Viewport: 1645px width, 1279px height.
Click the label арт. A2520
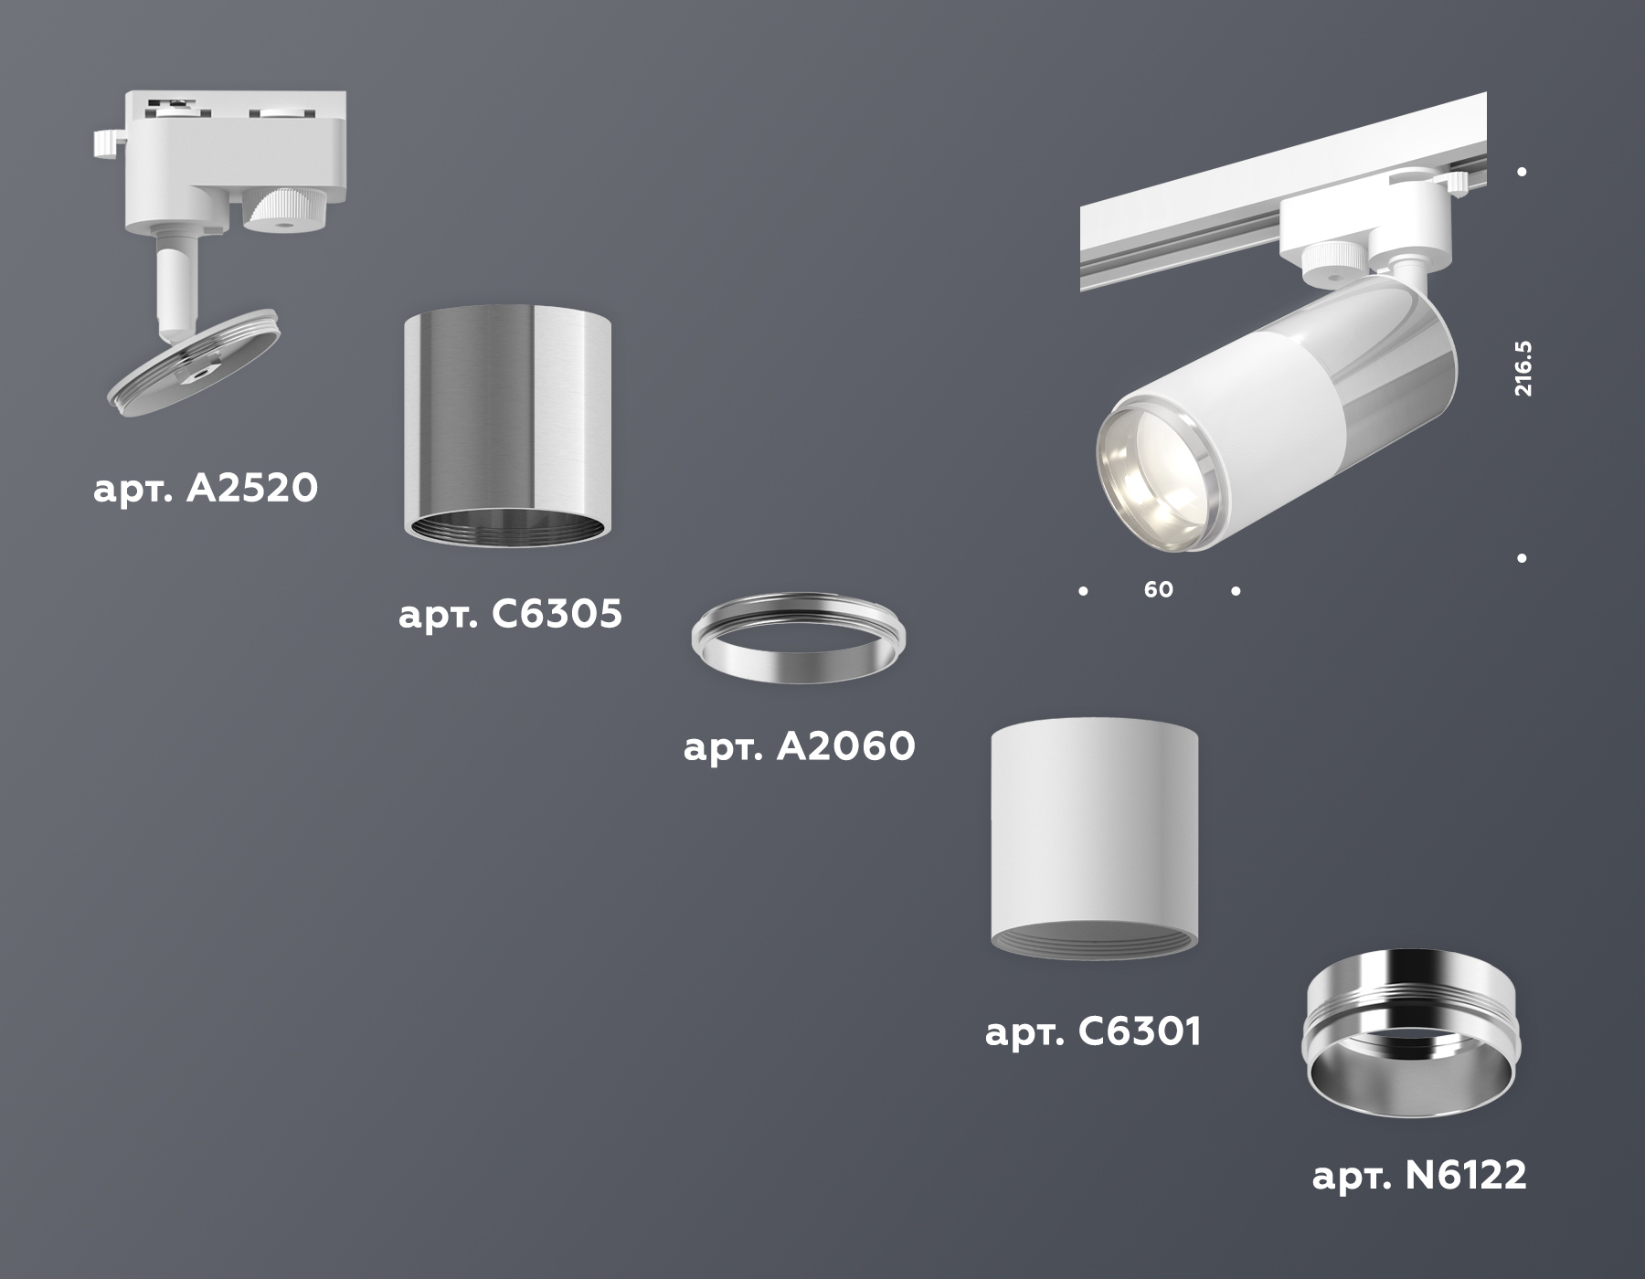206,489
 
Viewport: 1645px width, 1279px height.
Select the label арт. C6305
510,614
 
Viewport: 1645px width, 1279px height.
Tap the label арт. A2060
799,747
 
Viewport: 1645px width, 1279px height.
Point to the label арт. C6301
1093,1032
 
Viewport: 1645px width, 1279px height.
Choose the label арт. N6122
1419,1176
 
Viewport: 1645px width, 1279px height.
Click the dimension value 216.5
1523,368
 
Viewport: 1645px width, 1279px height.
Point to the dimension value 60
1158,590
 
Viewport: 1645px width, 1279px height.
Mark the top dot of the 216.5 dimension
1522,172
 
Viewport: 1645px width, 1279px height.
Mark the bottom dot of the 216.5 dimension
1522,558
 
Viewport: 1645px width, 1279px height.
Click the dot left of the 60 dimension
1083,591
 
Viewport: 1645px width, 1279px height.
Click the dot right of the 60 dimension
1236,591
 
